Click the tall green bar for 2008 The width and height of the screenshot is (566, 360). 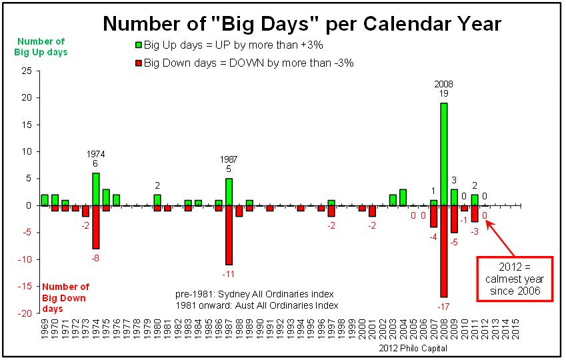(443, 154)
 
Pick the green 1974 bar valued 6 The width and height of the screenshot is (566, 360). (95, 189)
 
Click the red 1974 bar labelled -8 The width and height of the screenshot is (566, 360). (95, 227)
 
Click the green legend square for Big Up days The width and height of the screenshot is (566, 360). (139, 45)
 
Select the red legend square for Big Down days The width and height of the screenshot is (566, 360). (139, 63)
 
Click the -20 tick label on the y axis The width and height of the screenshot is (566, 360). (25, 313)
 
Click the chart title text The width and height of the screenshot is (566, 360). (301, 25)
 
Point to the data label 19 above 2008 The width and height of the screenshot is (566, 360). (443, 94)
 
